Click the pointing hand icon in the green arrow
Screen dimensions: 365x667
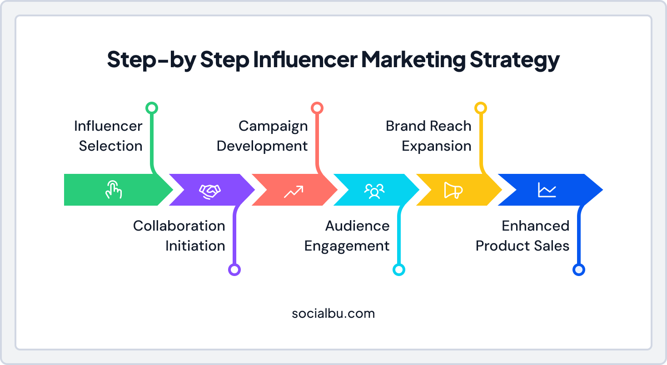point(114,190)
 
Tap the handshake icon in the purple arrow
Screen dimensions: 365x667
point(209,190)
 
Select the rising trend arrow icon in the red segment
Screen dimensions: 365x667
point(293,191)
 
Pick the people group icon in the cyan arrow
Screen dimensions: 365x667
point(374,191)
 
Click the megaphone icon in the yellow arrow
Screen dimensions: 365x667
point(453,191)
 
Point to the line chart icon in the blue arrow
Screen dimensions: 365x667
point(547,190)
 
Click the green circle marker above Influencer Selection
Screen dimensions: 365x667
point(151,108)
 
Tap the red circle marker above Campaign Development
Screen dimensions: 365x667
point(317,108)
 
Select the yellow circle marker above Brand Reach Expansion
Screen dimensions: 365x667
point(480,108)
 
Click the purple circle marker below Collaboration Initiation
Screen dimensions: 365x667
point(234,270)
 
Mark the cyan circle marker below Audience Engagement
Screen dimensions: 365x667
point(398,270)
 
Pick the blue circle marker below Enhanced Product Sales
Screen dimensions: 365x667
point(578,270)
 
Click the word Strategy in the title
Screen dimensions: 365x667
point(515,60)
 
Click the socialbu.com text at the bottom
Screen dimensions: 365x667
point(333,313)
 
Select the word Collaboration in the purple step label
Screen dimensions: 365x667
point(179,226)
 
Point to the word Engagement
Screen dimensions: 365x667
point(347,246)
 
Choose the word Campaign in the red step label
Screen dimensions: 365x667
point(273,126)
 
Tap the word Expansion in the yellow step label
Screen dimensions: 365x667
point(437,146)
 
